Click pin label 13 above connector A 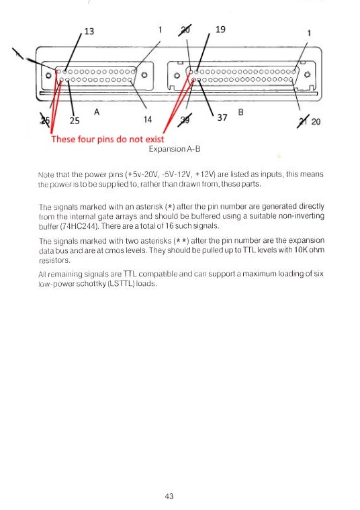point(89,32)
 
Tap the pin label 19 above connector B point(220,30)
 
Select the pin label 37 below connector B point(222,117)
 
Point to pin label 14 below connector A point(148,119)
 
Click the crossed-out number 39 point(185,119)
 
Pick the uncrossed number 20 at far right point(316,121)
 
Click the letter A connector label point(97,112)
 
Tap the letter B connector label point(241,112)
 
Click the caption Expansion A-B point(175,149)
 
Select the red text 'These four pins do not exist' point(107,139)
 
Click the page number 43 point(169,496)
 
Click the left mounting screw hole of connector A point(48,75)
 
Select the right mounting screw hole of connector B point(307,74)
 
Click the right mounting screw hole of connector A point(144,74)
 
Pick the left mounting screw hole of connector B point(177,75)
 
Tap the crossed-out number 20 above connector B point(185,30)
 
